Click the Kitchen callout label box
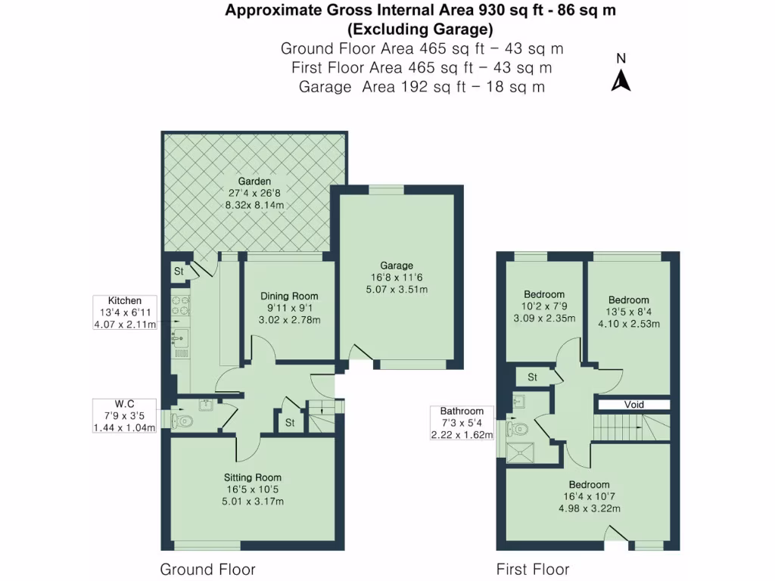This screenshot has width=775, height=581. coord(125,312)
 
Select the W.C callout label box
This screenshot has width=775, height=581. coord(125,415)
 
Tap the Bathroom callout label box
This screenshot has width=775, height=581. coord(462,423)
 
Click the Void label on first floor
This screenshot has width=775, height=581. coord(633,405)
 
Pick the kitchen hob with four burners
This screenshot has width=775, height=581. coord(181,304)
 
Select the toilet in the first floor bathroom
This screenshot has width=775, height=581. coord(518,430)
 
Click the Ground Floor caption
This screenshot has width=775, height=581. coord(207,570)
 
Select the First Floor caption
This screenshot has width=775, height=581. coord(533,570)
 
